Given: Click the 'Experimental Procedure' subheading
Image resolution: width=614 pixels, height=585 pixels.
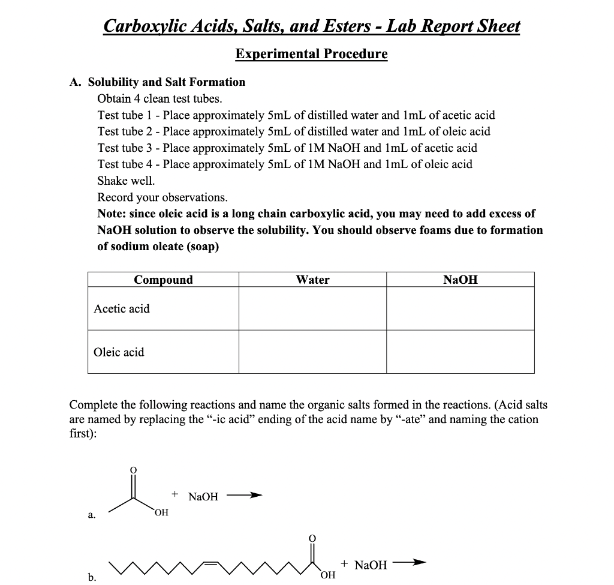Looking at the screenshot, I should (x=311, y=54).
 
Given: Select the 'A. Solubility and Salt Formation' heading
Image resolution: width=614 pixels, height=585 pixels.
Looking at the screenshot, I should (x=158, y=82).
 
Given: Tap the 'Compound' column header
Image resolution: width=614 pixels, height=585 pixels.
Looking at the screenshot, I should (x=163, y=280).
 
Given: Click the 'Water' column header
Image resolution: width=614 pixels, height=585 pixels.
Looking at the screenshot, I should (x=312, y=280).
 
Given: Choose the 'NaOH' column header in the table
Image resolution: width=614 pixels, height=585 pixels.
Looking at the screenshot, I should (x=460, y=280).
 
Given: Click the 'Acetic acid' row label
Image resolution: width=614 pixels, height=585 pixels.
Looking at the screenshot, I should (x=122, y=309).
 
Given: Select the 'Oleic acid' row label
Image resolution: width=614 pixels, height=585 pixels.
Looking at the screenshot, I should (x=119, y=352).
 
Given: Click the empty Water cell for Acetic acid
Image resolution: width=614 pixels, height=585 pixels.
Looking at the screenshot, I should (x=312, y=308).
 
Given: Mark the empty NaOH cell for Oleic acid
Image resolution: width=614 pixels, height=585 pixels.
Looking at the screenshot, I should (x=460, y=352).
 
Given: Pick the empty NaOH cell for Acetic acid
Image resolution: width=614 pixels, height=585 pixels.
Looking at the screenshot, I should (x=460, y=308).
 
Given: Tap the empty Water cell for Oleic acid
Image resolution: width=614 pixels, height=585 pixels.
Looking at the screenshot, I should (x=312, y=352).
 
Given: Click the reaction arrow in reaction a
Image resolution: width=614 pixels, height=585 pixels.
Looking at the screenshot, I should (x=246, y=496).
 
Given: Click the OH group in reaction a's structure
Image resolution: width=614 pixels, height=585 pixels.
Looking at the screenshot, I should (x=161, y=512).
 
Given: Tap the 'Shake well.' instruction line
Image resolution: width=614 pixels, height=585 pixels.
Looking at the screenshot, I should (x=126, y=181).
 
